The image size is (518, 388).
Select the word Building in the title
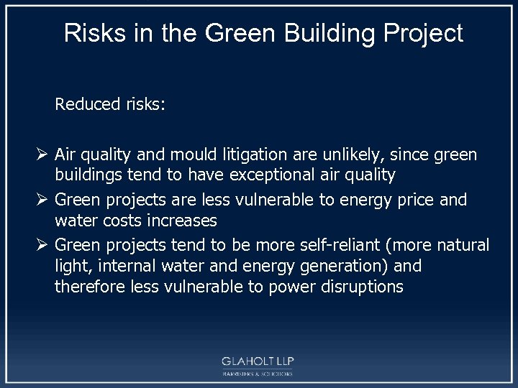tap(299, 33)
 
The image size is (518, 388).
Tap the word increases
tap(181, 219)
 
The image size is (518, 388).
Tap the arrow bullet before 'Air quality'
tap(41, 155)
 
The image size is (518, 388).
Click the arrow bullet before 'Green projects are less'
tap(41, 200)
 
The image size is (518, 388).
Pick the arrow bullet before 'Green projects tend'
tap(41, 246)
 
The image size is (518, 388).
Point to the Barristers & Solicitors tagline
tap(258, 374)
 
